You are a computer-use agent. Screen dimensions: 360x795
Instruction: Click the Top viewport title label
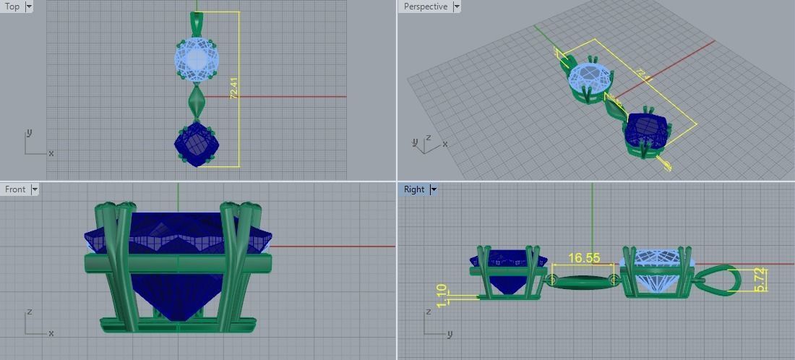pyautogui.click(x=12, y=7)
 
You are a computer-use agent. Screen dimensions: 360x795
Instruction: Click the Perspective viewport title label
pyautogui.click(x=425, y=7)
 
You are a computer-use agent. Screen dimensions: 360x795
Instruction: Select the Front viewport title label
pyautogui.click(x=15, y=189)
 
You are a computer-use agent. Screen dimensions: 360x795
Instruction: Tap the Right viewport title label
pyautogui.click(x=414, y=189)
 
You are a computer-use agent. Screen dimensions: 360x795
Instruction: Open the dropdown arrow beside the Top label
pyautogui.click(x=29, y=7)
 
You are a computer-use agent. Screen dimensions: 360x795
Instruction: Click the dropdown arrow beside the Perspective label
pyautogui.click(x=457, y=7)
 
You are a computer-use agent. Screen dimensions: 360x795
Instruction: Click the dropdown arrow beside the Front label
pyautogui.click(x=34, y=189)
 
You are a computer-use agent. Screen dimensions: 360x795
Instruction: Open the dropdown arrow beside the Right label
pyautogui.click(x=434, y=189)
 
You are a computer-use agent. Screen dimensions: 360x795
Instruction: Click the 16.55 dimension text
pyautogui.click(x=584, y=258)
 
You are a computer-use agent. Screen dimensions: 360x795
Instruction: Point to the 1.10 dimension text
pyautogui.click(x=442, y=296)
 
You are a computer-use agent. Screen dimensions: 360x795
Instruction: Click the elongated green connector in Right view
pyautogui.click(x=583, y=280)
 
